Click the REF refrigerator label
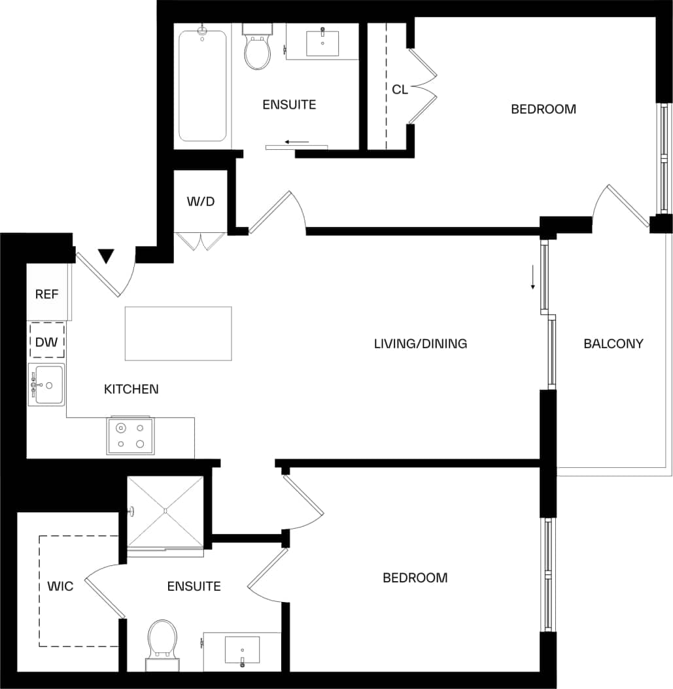47,294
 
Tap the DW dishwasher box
47,341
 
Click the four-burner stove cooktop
131,436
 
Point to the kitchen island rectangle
178,333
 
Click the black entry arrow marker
106,256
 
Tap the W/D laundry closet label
201,202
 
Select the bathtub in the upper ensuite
203,85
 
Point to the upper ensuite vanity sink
322,43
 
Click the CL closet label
400,90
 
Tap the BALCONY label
613,344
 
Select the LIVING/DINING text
420,344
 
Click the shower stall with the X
165,511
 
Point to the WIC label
60,586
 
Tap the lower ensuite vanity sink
242,650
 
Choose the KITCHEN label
131,389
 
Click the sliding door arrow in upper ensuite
297,141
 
